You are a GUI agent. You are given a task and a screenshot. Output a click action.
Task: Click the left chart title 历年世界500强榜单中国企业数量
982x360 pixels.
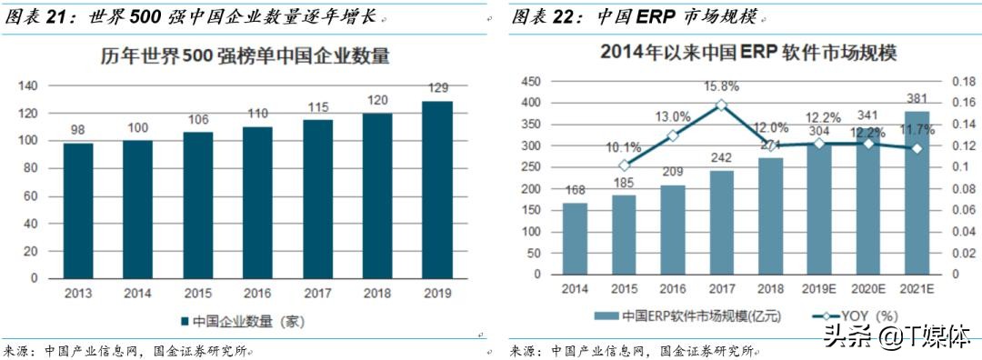click(245, 56)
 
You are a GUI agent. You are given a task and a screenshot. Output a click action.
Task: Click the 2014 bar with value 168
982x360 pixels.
click(575, 238)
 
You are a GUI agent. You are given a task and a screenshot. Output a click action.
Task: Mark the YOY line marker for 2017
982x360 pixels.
click(721, 105)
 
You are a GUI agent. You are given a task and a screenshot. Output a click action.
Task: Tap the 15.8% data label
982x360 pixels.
click(721, 87)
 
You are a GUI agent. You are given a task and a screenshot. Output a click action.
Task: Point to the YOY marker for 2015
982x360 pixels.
click(623, 165)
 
